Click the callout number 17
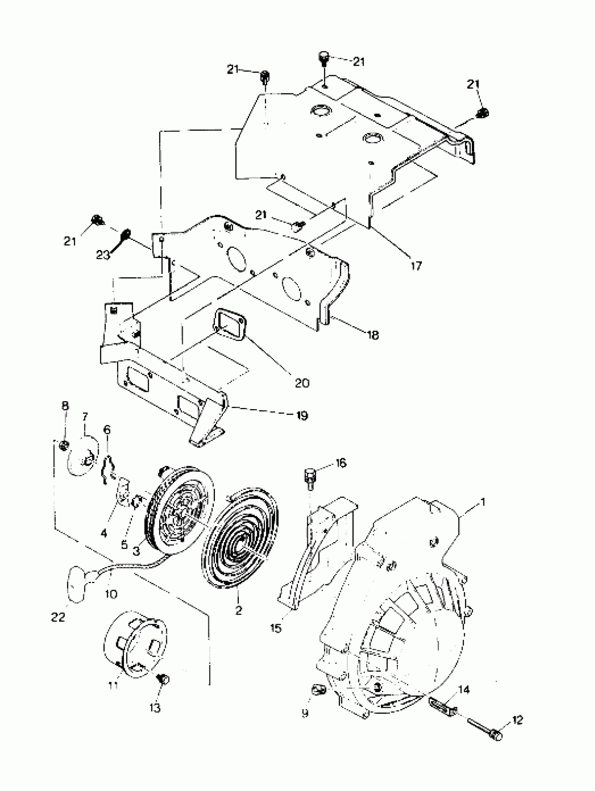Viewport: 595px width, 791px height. point(416,266)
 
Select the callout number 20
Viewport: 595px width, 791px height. point(302,383)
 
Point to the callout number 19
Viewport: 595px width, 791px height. point(302,415)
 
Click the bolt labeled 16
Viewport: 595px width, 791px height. point(310,478)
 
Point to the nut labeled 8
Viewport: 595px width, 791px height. point(64,446)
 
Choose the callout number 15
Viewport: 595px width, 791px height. point(276,628)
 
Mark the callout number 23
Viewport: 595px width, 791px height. point(103,255)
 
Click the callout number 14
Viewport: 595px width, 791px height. point(464,690)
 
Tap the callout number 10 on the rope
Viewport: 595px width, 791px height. point(111,594)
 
